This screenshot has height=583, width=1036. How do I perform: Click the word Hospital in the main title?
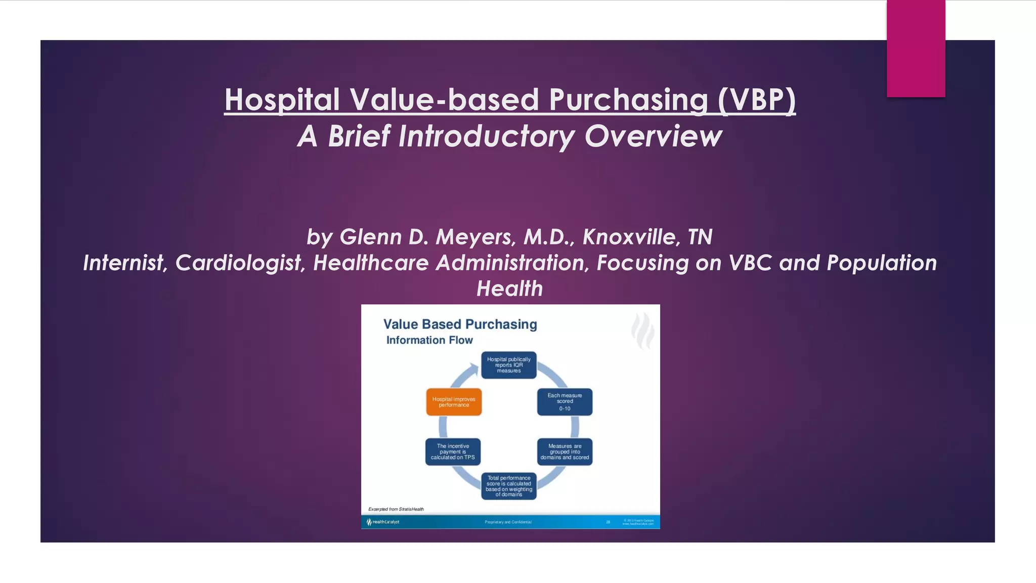[282, 100]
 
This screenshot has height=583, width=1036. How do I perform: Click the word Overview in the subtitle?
[653, 137]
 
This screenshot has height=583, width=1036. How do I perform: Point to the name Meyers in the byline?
[473, 237]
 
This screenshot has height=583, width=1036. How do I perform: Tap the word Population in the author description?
[882, 263]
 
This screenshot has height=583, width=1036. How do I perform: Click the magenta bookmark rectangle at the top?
[916, 48]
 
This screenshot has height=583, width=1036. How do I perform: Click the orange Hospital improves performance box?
[454, 402]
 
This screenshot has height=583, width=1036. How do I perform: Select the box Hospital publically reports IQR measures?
[508, 365]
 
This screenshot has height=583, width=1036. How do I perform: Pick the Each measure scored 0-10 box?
[565, 402]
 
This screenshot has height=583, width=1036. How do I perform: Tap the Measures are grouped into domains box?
[565, 451]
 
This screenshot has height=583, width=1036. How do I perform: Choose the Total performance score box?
[508, 486]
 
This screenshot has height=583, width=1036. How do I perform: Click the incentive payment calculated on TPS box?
[453, 451]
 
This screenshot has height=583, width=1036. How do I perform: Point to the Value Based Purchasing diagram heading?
[460, 324]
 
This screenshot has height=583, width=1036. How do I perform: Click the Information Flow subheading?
[429, 340]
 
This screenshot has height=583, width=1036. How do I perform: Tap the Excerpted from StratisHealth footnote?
[396, 509]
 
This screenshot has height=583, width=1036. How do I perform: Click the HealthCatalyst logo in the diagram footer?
[383, 522]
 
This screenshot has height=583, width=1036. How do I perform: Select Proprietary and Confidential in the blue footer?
[508, 522]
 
